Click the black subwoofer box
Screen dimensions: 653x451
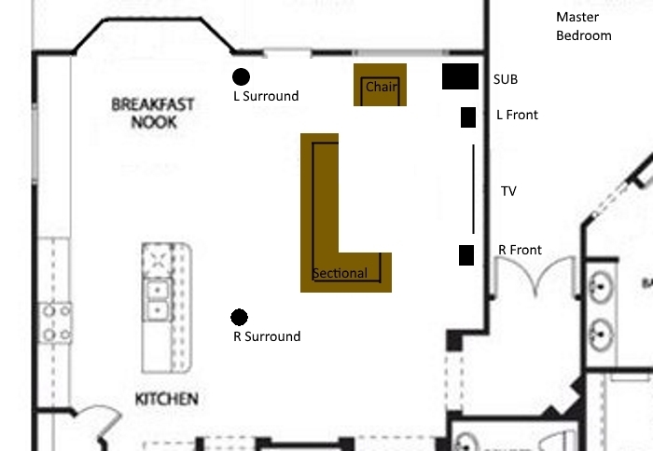(x=460, y=76)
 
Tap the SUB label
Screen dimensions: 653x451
(x=506, y=79)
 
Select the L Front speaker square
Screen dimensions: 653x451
(x=468, y=117)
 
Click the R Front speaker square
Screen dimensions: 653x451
(x=466, y=255)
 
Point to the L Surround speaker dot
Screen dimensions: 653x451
(x=241, y=77)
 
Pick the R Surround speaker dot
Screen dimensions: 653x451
(x=239, y=318)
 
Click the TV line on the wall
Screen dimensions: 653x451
(x=473, y=189)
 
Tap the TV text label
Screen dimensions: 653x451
(x=508, y=191)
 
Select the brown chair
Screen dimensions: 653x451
(x=381, y=85)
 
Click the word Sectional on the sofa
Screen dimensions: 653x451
(x=340, y=273)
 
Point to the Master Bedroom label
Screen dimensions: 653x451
(x=584, y=26)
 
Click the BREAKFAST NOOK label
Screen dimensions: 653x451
(x=153, y=113)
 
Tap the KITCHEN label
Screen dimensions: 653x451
(x=167, y=400)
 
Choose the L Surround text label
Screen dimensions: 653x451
(x=266, y=96)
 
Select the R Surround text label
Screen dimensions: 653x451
(x=267, y=336)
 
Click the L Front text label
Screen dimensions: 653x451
(x=517, y=115)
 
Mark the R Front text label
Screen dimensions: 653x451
(x=521, y=250)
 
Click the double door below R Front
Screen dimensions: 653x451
(x=535, y=275)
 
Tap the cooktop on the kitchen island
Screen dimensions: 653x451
(x=157, y=260)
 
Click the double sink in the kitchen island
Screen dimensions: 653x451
(x=157, y=300)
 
